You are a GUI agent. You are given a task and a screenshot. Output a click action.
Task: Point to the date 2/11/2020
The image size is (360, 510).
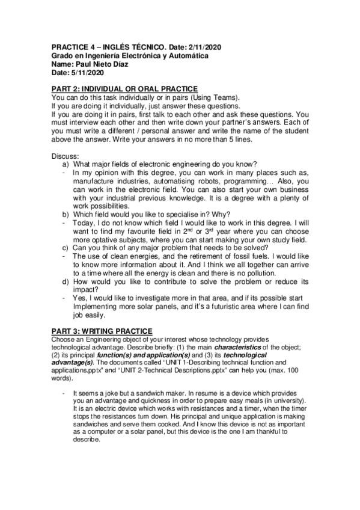click(214, 47)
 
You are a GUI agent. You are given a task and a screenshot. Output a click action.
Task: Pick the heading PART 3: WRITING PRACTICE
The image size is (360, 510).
click(102, 331)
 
